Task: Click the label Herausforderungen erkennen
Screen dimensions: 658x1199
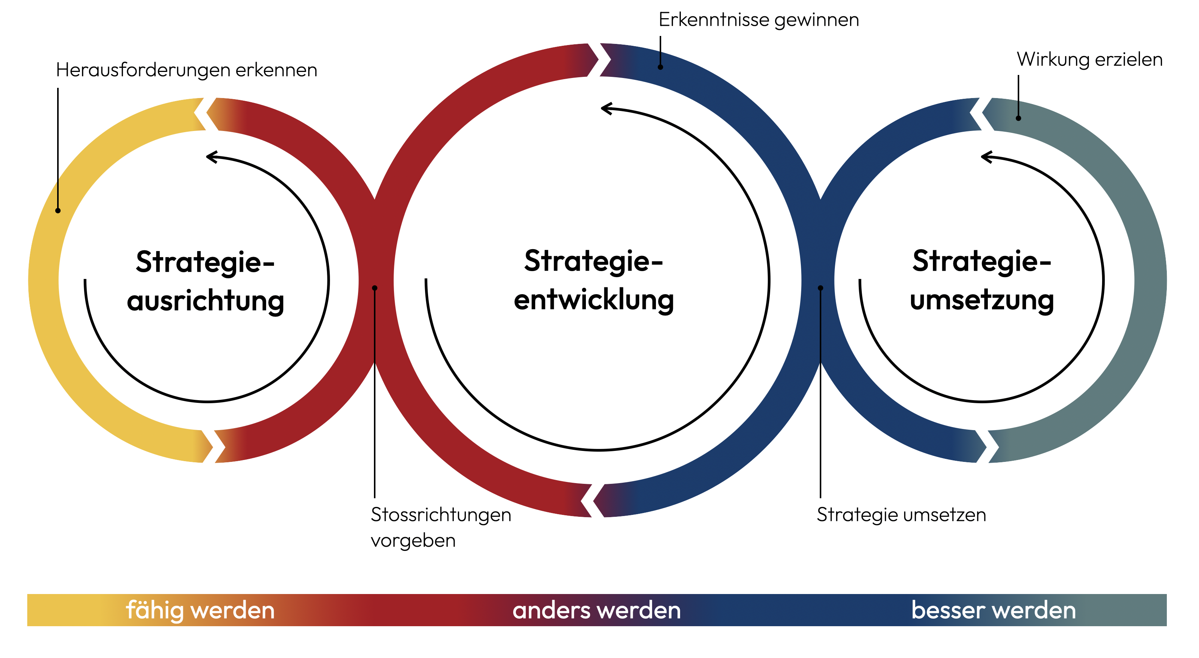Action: (x=186, y=70)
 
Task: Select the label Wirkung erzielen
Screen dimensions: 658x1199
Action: (x=1089, y=59)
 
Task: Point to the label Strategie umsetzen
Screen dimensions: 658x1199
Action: (x=901, y=515)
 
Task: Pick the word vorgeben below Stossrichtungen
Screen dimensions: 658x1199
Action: (x=413, y=541)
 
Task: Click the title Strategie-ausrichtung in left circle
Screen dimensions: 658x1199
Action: (x=205, y=281)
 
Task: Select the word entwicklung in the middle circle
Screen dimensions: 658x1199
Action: (x=593, y=300)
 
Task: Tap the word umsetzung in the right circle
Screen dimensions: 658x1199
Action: (x=982, y=300)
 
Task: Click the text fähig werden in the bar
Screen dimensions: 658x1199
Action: (x=200, y=610)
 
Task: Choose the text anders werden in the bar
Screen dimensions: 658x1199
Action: (x=596, y=610)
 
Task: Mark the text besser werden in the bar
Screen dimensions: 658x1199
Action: (x=993, y=610)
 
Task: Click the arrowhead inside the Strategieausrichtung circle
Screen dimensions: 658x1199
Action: (x=212, y=157)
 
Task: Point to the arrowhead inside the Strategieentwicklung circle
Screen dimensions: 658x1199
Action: (x=606, y=109)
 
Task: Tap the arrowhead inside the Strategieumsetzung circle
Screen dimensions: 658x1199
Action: (x=986, y=157)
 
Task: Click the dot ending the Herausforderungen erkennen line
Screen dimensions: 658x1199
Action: (x=58, y=210)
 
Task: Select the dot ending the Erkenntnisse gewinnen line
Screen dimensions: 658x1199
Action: (x=660, y=67)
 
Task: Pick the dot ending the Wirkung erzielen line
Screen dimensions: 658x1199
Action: (x=1018, y=118)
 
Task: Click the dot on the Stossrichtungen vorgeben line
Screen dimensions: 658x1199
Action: (x=374, y=288)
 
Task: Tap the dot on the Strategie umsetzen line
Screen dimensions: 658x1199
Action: (x=820, y=288)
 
